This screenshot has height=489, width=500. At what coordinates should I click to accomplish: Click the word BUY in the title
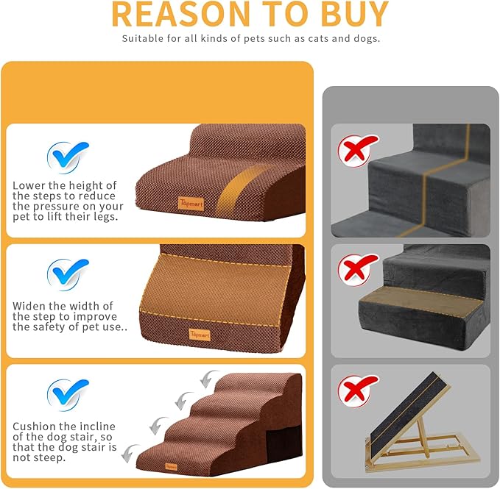pyautogui.click(x=346, y=14)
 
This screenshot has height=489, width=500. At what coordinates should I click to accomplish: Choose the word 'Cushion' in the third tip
pyautogui.click(x=34, y=426)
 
